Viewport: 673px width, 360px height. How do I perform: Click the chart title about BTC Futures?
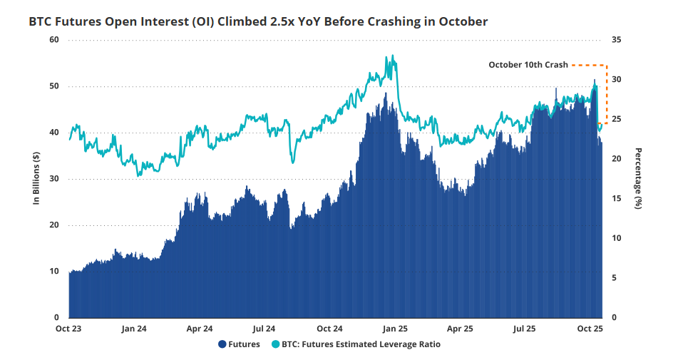pyautogui.click(x=258, y=21)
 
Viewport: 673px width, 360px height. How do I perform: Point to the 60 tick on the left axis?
pyautogui.click(x=54, y=39)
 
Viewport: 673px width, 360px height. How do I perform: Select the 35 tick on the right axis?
pyautogui.click(x=617, y=39)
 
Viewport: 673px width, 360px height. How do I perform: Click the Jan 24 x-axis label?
pyautogui.click(x=134, y=329)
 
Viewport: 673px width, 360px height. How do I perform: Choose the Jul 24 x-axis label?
pyautogui.click(x=264, y=329)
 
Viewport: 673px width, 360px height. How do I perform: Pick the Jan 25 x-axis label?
pyautogui.click(x=394, y=329)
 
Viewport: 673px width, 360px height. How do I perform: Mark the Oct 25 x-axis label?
pyautogui.click(x=590, y=329)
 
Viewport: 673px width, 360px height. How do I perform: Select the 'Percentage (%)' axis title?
pyautogui.click(x=639, y=178)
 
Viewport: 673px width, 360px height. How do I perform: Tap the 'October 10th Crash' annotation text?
pyautogui.click(x=528, y=65)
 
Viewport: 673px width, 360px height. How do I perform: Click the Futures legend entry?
pyautogui.click(x=240, y=345)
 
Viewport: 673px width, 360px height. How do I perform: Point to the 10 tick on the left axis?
pyautogui.click(x=54, y=271)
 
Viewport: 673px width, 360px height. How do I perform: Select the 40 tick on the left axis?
pyautogui.click(x=54, y=132)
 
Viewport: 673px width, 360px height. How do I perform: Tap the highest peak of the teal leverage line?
pyautogui.click(x=392, y=56)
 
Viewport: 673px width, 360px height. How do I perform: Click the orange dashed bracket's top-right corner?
pyautogui.click(x=605, y=65)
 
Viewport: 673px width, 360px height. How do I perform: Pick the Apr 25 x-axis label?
pyautogui.click(x=460, y=329)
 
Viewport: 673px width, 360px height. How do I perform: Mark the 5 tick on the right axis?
pyautogui.click(x=615, y=277)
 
